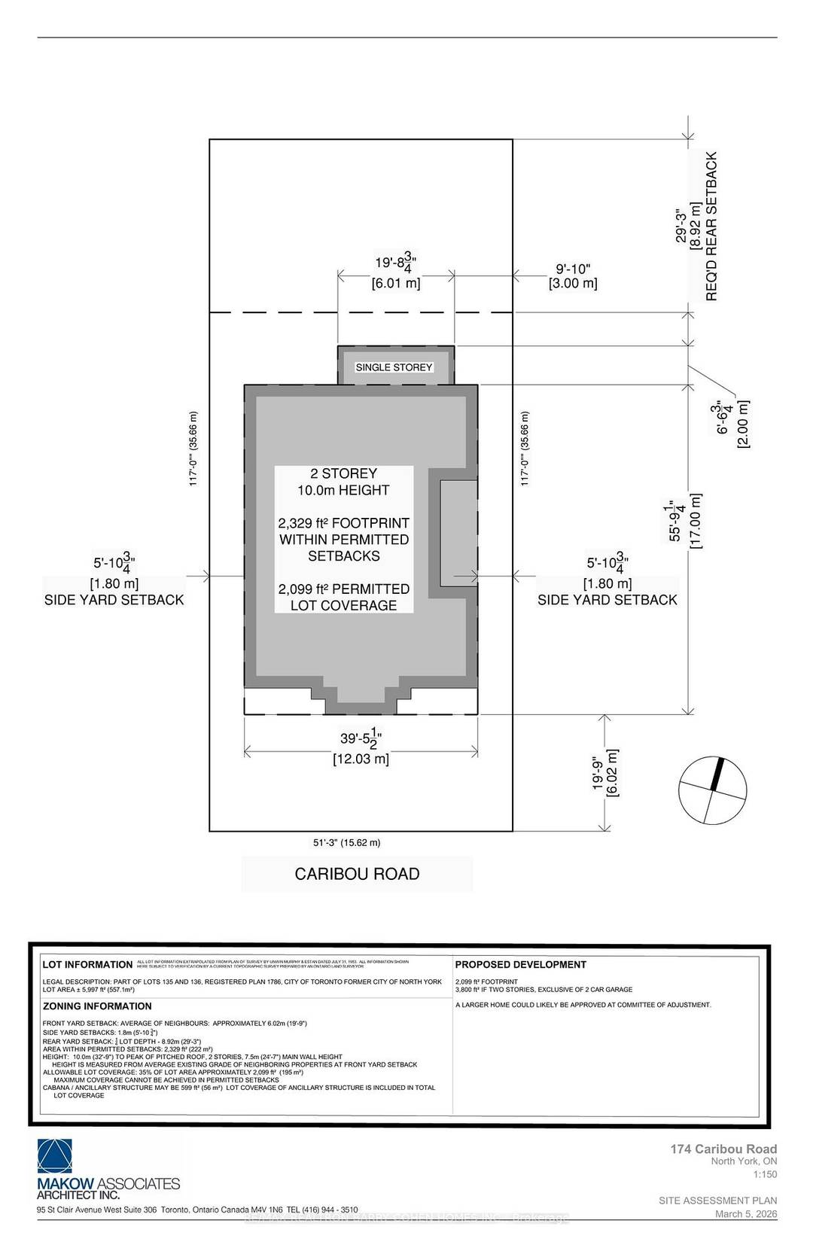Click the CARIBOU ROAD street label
[357, 874]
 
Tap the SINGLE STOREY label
[394, 367]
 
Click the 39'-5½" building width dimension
[361, 741]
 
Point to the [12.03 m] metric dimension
[361, 759]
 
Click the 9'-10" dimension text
[574, 268]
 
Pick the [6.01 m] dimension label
[396, 284]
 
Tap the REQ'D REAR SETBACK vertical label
[711, 227]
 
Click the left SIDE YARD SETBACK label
[114, 600]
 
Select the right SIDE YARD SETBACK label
[607, 600]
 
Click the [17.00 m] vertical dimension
[696, 521]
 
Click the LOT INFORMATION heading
[87, 964]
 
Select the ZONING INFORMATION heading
[97, 1006]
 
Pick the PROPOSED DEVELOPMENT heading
[521, 964]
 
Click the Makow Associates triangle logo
[56, 1156]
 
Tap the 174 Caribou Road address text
[723, 1149]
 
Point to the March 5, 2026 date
[745, 1214]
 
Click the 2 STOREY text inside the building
[344, 473]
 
